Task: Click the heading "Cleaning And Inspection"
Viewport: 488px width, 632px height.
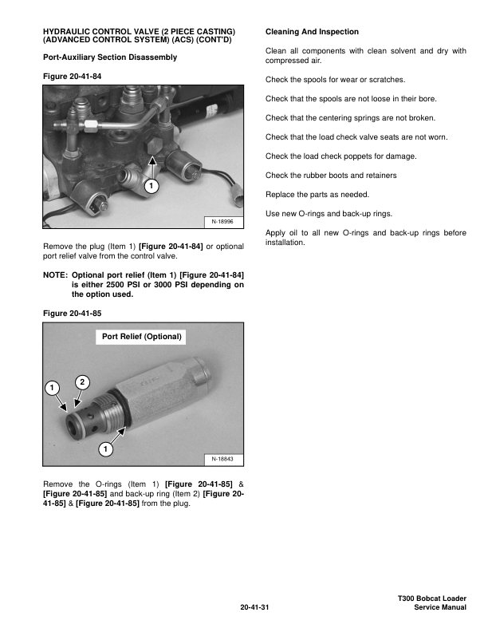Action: (312, 31)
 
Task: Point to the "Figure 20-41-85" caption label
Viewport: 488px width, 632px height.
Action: (73, 314)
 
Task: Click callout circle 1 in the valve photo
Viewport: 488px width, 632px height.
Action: (152, 186)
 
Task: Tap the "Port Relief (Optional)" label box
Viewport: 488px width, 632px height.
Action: (144, 337)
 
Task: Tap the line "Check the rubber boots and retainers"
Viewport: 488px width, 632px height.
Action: (330, 176)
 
